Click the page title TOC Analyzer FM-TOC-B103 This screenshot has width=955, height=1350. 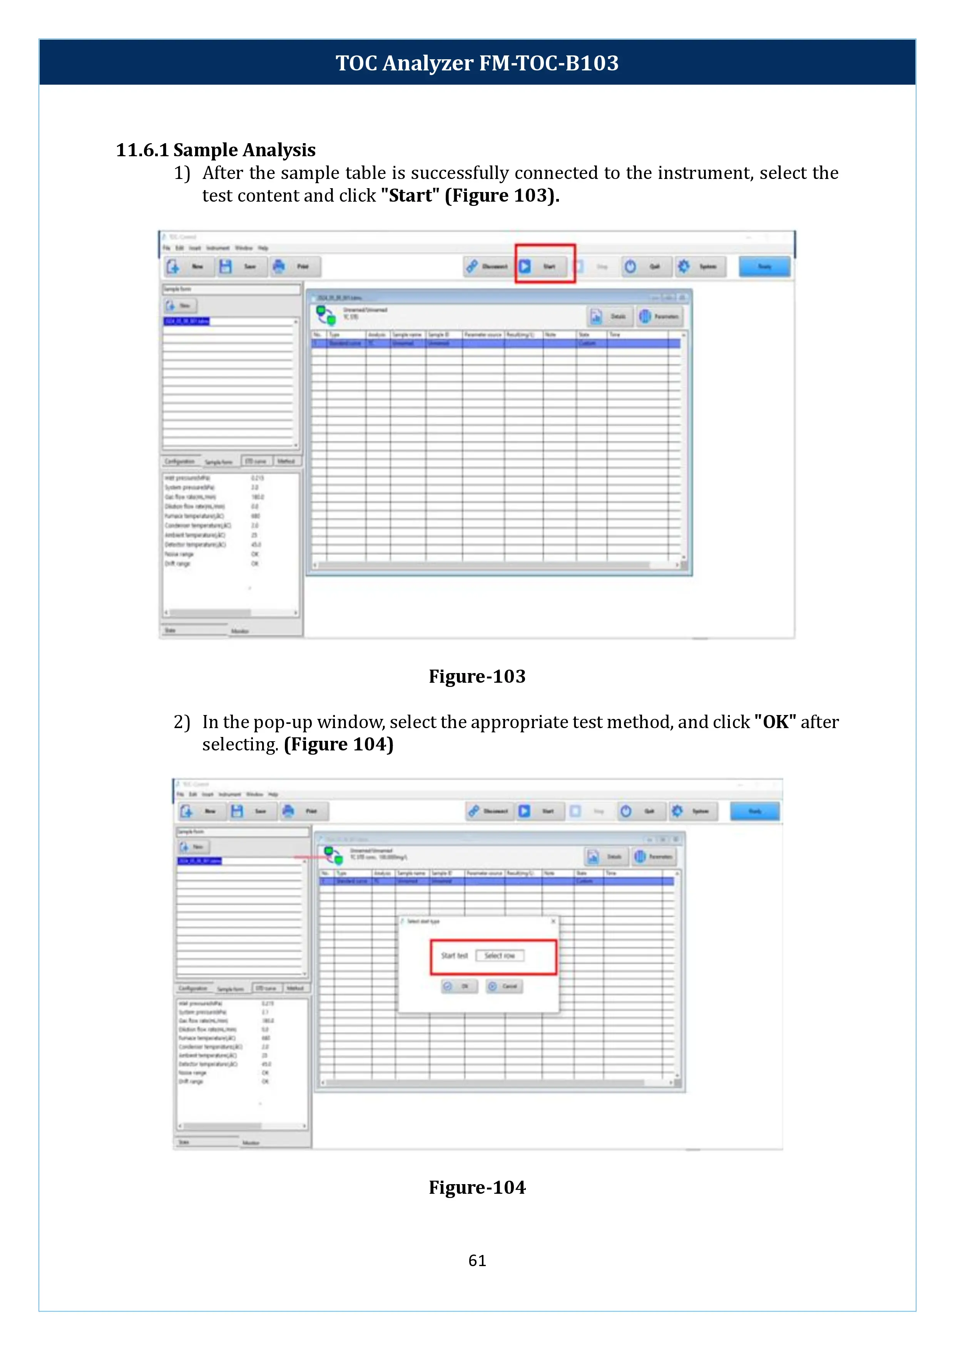477,63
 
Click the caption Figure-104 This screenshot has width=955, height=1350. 477,1187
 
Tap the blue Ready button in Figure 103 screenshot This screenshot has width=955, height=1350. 764,266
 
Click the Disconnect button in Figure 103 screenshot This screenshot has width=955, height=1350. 487,266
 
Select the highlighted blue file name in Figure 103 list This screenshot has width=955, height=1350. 186,321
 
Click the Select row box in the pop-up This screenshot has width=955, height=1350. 499,956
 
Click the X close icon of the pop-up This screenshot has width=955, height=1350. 553,921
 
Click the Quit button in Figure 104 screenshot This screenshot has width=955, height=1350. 642,811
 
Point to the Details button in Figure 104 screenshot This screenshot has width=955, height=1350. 606,857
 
